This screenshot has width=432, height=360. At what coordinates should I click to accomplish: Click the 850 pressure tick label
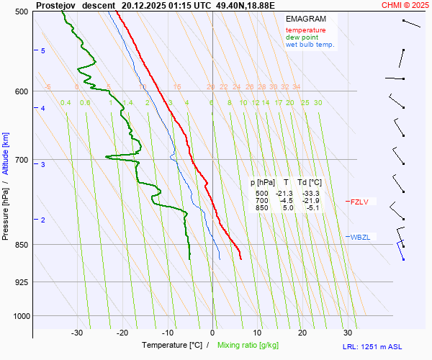point(21,245)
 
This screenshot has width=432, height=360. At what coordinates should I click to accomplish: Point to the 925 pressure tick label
point(21,282)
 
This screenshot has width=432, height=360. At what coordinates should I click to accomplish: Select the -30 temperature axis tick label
point(77,333)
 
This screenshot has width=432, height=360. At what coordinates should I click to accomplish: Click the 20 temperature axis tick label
point(302,333)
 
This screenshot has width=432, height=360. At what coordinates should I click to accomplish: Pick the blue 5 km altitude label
point(43,50)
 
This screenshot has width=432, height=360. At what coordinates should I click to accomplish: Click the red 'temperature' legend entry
point(305,30)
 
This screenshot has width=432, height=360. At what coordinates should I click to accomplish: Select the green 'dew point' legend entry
point(302,37)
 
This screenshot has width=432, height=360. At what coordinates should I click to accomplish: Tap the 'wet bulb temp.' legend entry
point(310,45)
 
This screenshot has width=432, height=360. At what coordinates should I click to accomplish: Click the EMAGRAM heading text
point(305,19)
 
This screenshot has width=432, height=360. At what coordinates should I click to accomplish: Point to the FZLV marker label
point(359,202)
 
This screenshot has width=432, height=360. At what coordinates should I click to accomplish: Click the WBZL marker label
point(360,237)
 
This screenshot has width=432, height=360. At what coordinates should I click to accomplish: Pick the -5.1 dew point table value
point(311,208)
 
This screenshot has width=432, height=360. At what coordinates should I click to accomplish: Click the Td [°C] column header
point(310,183)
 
